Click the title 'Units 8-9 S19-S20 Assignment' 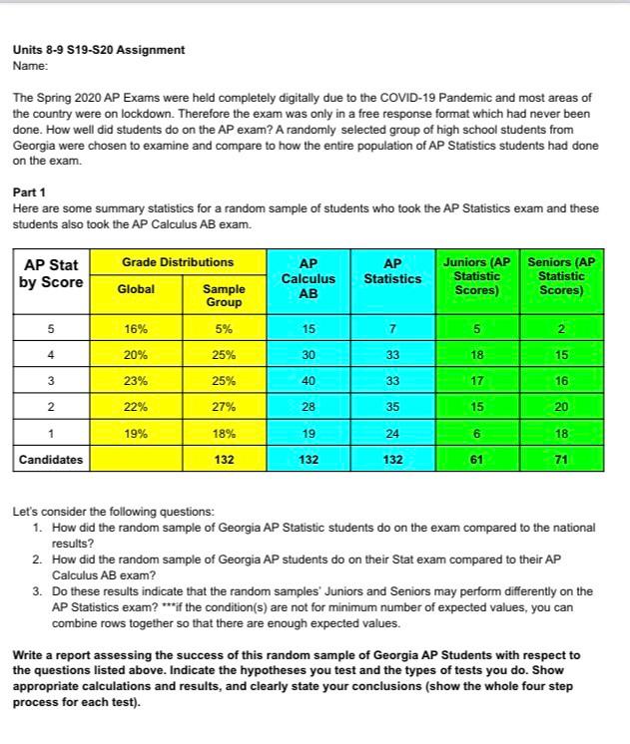[x=98, y=50]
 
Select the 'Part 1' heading [x=29, y=191]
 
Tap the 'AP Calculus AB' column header [x=309, y=279]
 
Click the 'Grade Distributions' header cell [x=178, y=262]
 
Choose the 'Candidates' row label [x=50, y=461]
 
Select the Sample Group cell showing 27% [x=224, y=407]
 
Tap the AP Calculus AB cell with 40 [x=309, y=380]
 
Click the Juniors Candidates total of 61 [x=477, y=461]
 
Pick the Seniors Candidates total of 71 [x=562, y=461]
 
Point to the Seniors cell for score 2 [x=562, y=407]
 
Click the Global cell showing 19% [x=136, y=434]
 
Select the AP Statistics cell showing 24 [x=392, y=434]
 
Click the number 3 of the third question [x=37, y=591]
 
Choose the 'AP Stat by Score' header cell [x=50, y=273]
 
